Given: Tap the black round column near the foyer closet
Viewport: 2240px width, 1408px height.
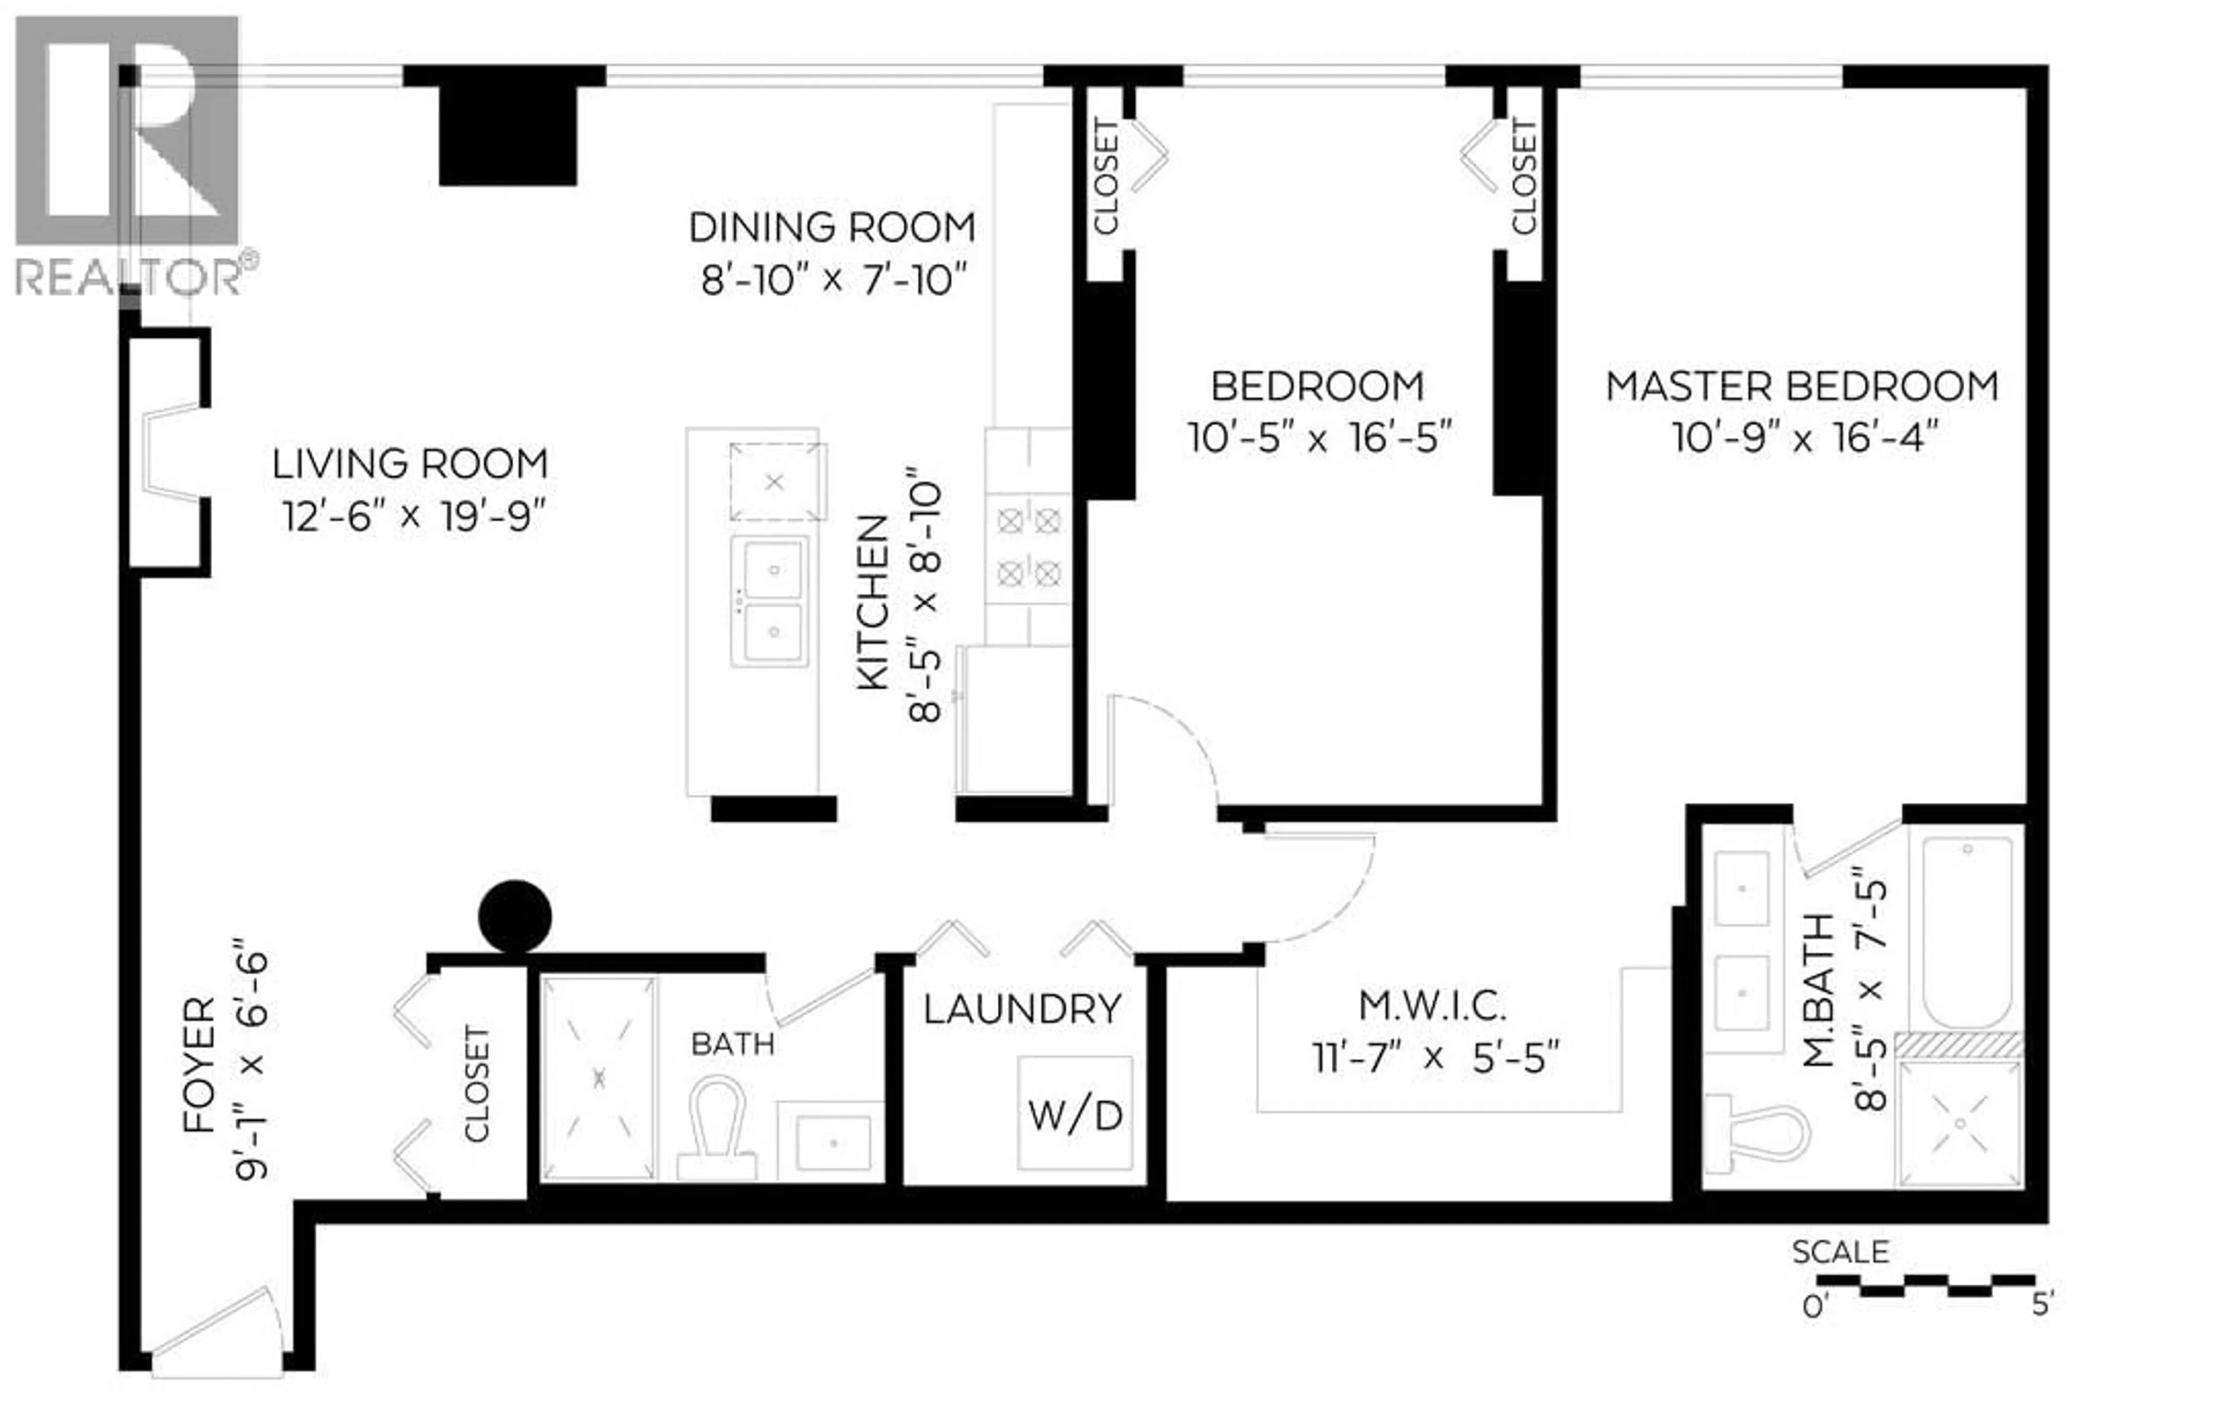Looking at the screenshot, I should point(514,916).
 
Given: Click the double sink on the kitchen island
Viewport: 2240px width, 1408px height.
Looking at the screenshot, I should point(769,601).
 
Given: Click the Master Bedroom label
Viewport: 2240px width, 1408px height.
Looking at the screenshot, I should point(1802,387).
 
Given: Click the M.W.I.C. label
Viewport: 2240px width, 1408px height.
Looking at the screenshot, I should point(1433,1006).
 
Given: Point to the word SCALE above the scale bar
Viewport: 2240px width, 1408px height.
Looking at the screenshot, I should point(1840,1252).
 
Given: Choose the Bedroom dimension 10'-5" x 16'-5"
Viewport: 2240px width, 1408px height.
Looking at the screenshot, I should point(1319,437).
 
